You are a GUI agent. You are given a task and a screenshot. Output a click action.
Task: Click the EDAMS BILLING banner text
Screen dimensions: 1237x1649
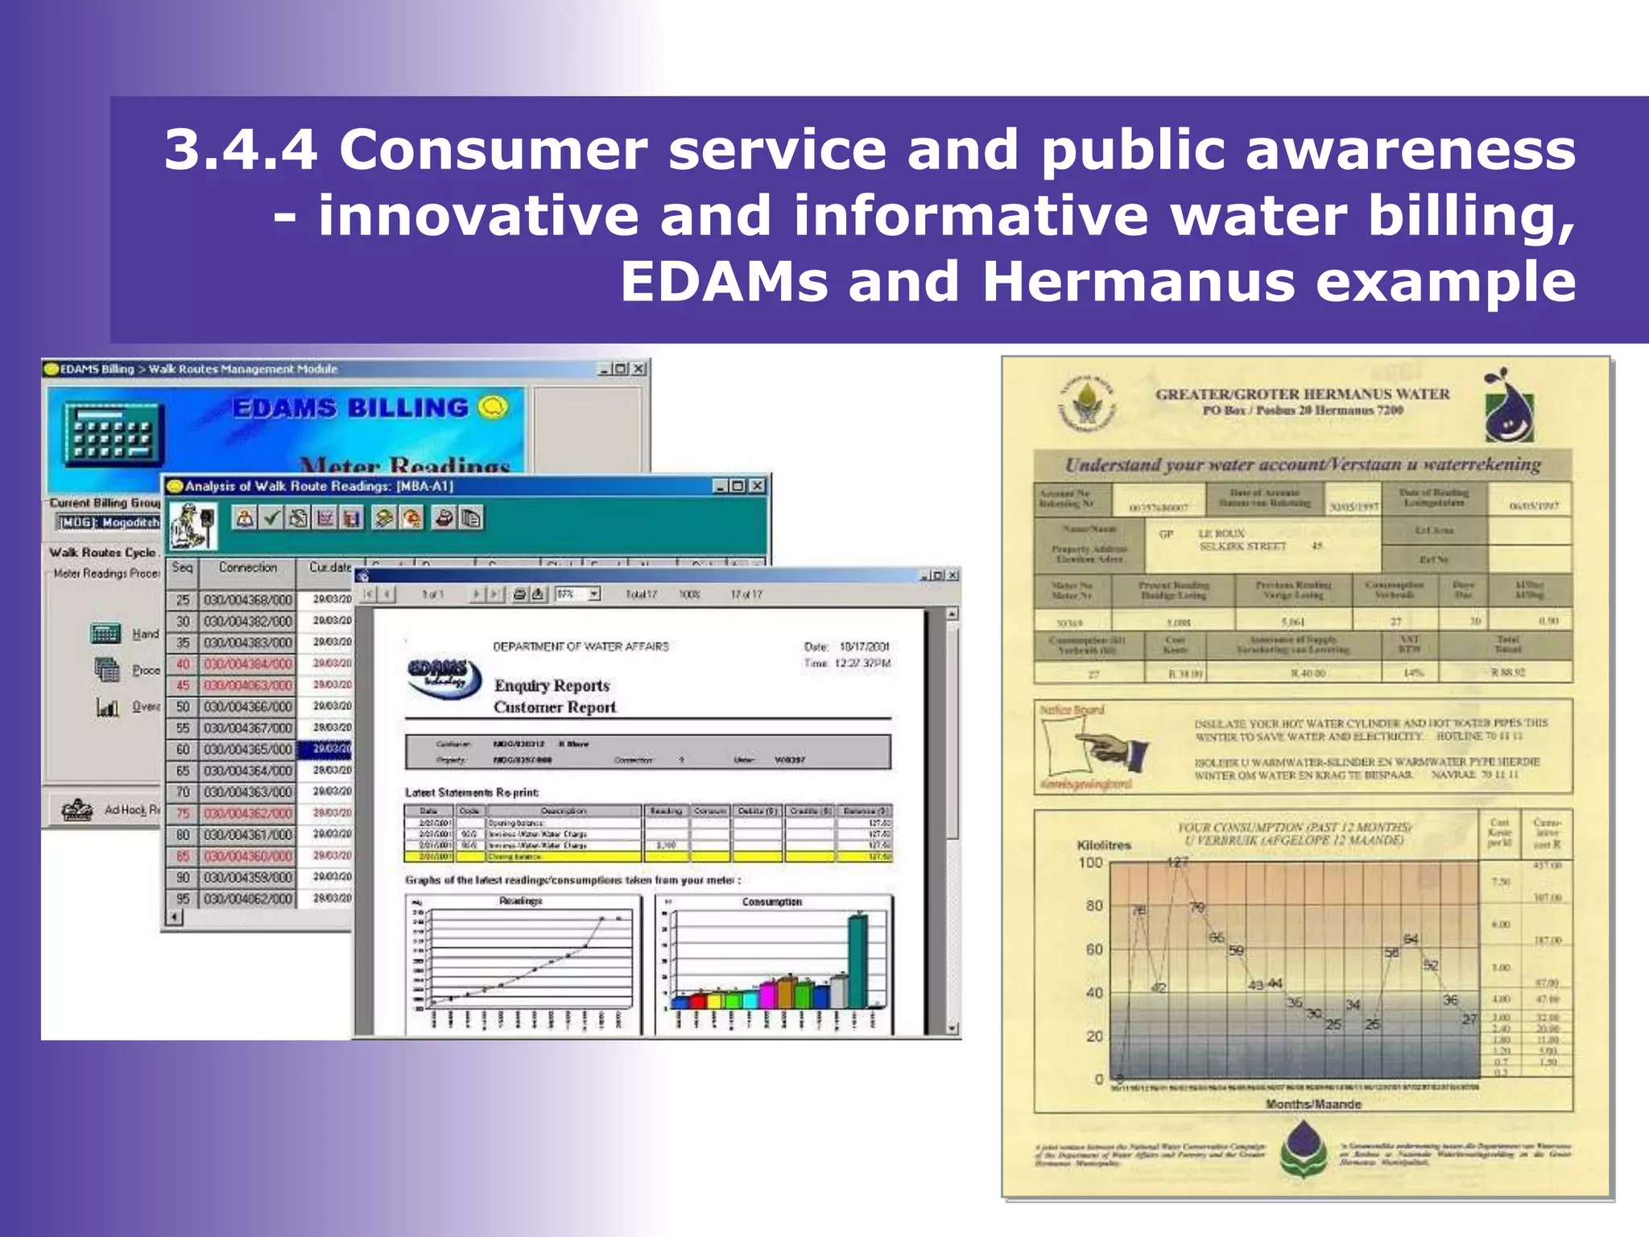[350, 408]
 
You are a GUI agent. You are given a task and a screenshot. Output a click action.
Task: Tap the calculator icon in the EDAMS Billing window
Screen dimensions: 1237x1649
[114, 434]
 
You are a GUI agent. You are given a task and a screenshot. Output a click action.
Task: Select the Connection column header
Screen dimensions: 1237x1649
[247, 568]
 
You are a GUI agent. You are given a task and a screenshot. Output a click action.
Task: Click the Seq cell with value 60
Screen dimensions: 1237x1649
[183, 749]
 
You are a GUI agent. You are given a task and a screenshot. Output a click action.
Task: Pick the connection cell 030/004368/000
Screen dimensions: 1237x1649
[247, 600]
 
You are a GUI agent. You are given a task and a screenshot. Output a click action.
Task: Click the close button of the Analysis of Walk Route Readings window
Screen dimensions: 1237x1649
[757, 486]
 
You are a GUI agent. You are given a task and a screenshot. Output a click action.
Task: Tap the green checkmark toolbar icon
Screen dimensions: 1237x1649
[272, 518]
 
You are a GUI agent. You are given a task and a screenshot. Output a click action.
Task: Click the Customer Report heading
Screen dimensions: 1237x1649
[555, 707]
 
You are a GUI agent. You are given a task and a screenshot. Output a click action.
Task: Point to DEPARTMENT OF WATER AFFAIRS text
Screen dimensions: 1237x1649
[581, 647]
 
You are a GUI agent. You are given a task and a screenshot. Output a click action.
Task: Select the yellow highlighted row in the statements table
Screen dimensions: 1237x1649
[647, 857]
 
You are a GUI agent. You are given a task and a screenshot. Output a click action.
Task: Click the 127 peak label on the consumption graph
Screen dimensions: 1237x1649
[1177, 863]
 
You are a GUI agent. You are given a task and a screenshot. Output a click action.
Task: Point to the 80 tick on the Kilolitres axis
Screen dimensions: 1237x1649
[1093, 906]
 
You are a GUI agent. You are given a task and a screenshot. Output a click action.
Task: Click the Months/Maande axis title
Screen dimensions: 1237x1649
[1313, 1104]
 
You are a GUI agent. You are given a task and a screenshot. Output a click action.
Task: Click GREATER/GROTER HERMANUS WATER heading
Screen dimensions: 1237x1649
[1302, 394]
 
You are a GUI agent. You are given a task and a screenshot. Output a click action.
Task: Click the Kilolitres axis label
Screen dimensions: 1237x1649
[1104, 845]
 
